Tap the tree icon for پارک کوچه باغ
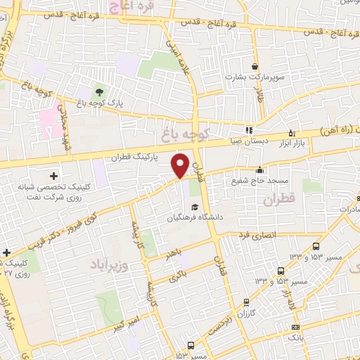click(98, 91)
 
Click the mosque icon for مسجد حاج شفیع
click(259, 169)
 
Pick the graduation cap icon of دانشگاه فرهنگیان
click(194, 207)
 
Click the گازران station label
click(241, 311)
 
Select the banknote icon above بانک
click(296, 327)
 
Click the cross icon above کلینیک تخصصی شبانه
click(53, 174)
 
